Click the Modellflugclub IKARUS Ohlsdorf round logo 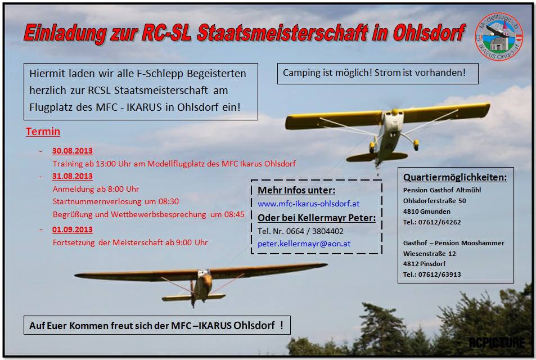499,37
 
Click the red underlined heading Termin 43,132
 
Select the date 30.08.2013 73,151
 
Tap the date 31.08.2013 73,176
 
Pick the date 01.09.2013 73,229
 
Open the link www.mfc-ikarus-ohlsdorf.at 309,204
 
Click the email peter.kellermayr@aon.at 304,244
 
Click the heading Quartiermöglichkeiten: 455,177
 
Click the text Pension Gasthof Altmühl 442,190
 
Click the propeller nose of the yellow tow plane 395,111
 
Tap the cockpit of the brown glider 204,273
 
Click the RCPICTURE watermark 497,342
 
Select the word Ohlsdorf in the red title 429,33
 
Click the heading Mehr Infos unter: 296,191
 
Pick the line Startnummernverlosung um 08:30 115,201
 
